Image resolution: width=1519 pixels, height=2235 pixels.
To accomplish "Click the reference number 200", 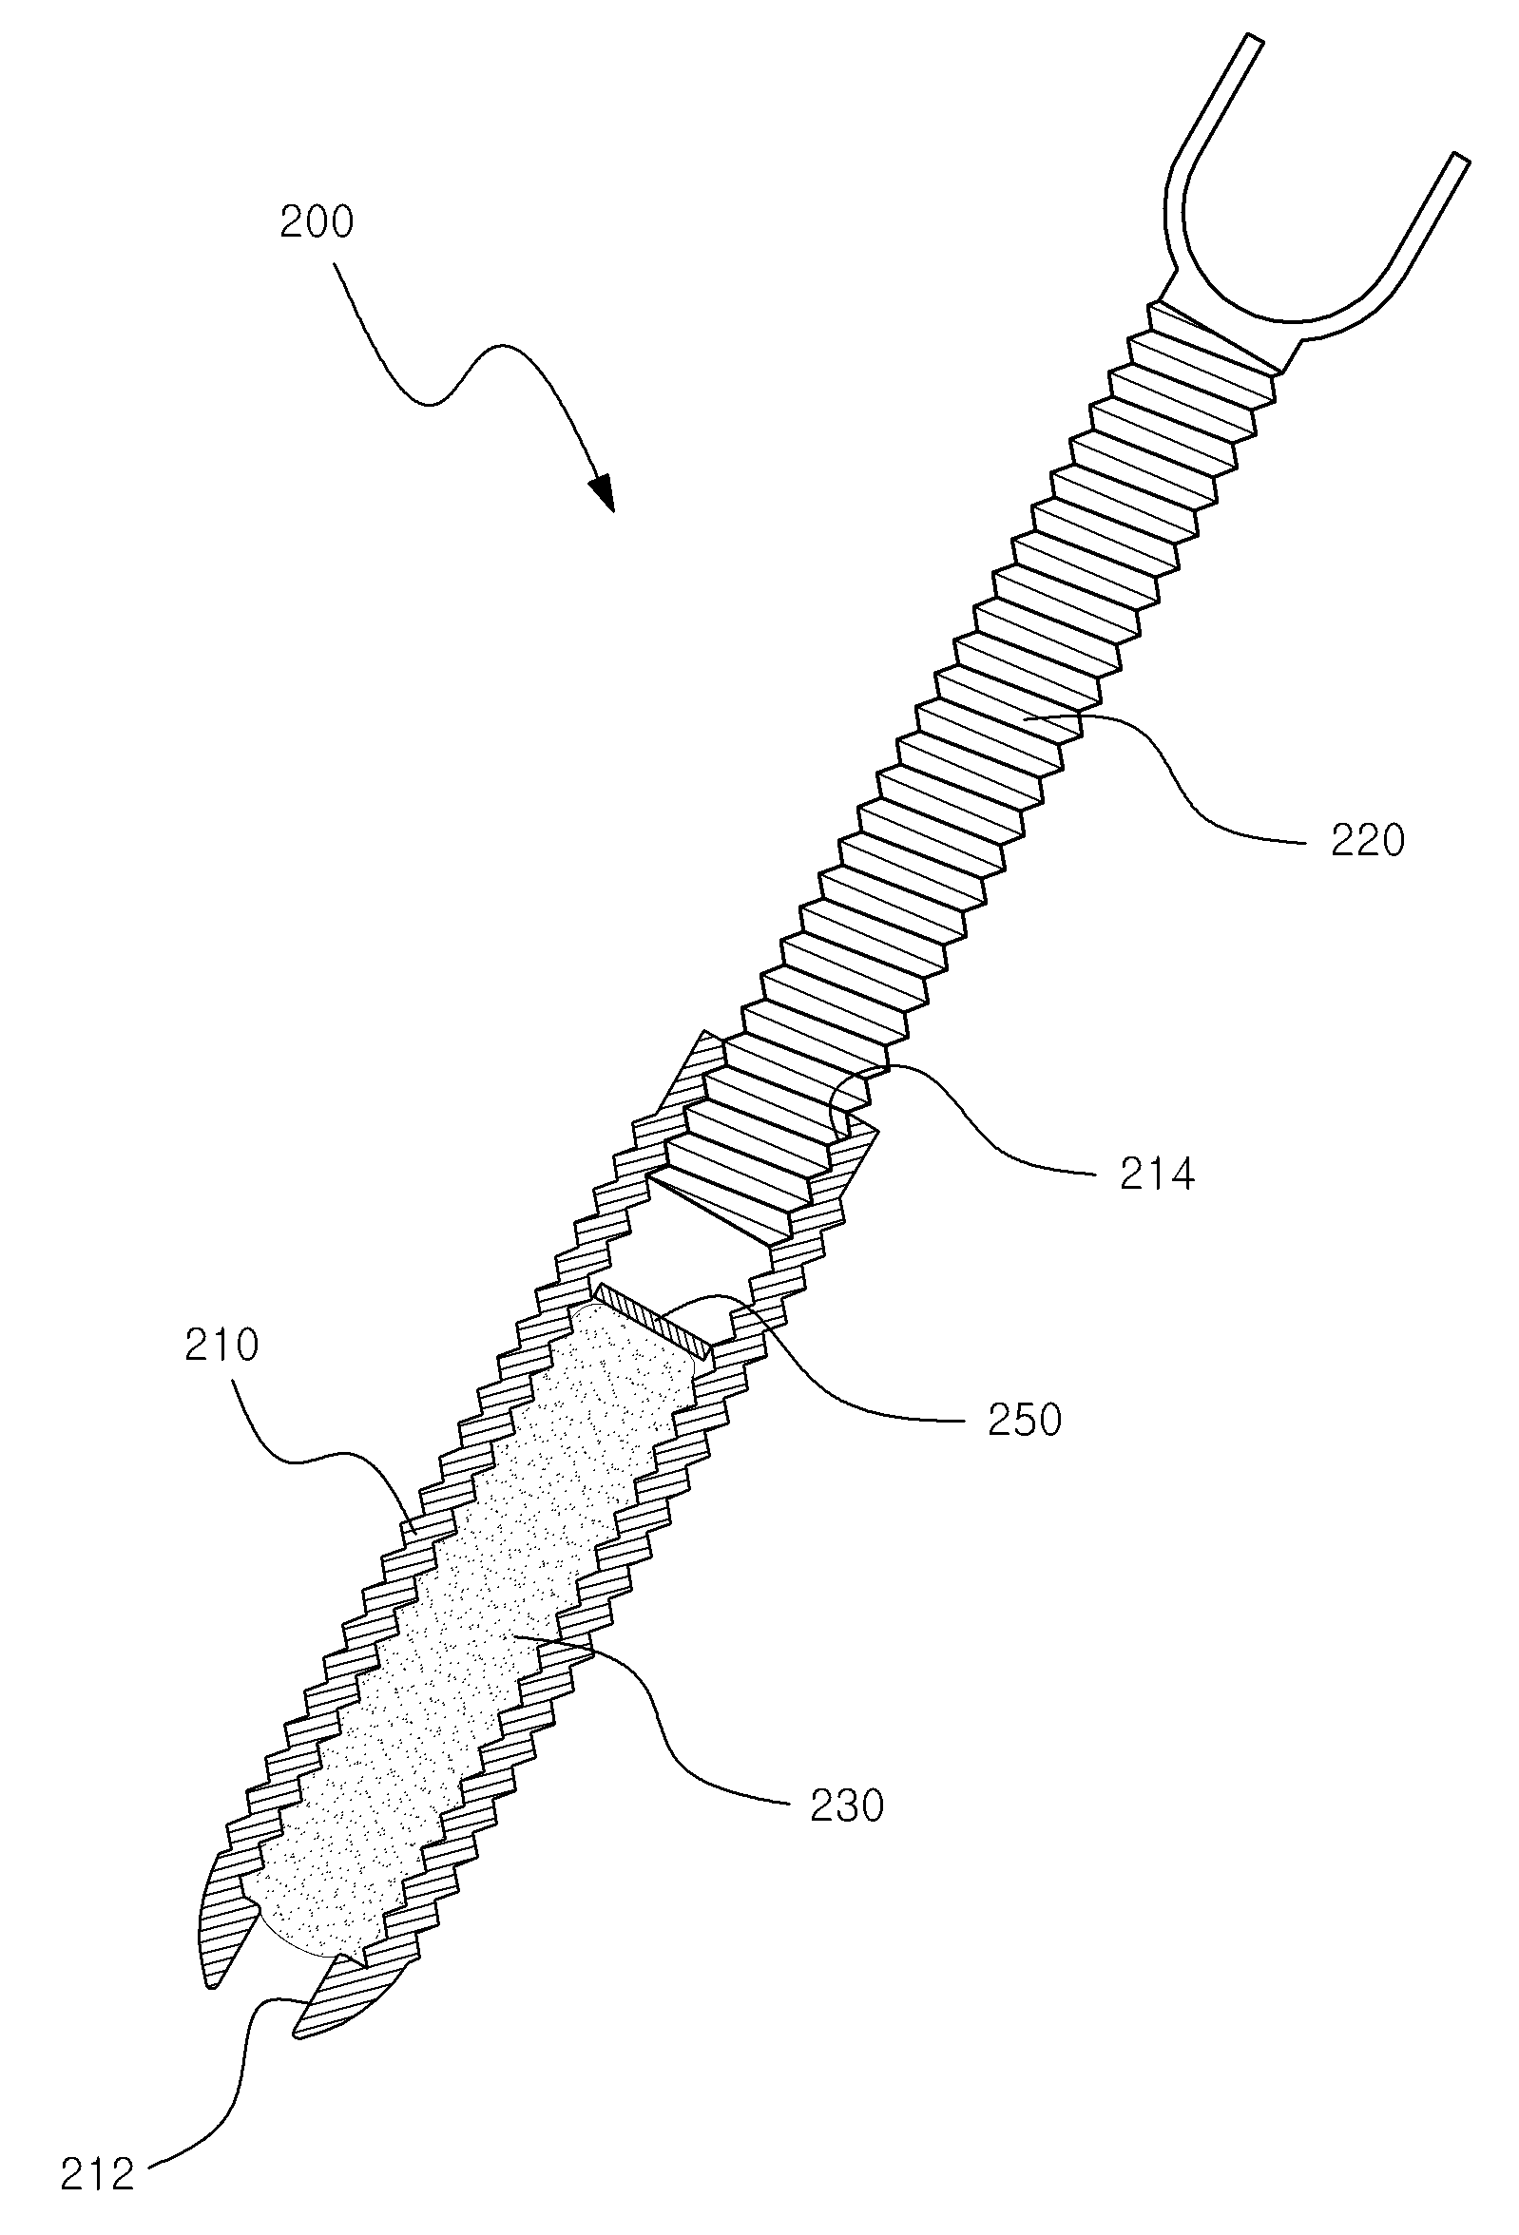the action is point(317,222).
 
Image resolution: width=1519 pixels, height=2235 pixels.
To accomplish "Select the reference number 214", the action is point(1157,1175).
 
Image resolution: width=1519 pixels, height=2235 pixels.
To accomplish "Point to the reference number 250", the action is point(1025,1420).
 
